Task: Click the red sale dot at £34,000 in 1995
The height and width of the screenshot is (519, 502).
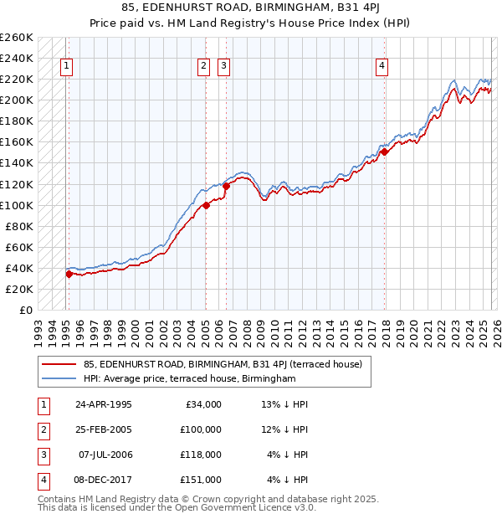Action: coord(69,274)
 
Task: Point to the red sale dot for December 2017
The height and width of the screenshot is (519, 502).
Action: coord(384,152)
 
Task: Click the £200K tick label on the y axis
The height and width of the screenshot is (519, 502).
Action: coord(17,100)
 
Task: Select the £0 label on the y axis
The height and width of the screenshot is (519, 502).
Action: coord(25,310)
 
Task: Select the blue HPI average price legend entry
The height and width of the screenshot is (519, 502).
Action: coord(190,378)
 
